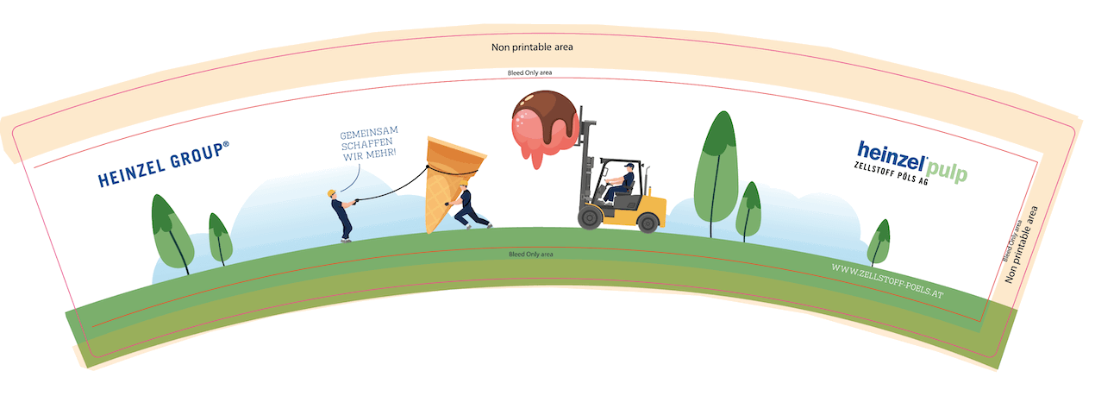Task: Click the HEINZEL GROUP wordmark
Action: click(x=163, y=164)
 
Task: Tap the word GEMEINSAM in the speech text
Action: click(x=369, y=133)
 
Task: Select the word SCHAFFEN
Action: click(x=367, y=144)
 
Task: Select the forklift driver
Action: click(x=620, y=182)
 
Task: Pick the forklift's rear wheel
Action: click(x=648, y=223)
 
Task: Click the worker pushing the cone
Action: click(x=468, y=205)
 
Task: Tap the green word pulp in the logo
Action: click(x=946, y=171)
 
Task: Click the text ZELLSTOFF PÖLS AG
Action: click(x=891, y=173)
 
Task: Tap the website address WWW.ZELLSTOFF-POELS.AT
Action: click(x=887, y=280)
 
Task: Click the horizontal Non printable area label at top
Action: click(x=532, y=47)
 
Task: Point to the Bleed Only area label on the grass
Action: click(x=531, y=255)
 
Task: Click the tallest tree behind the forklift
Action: click(x=716, y=174)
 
